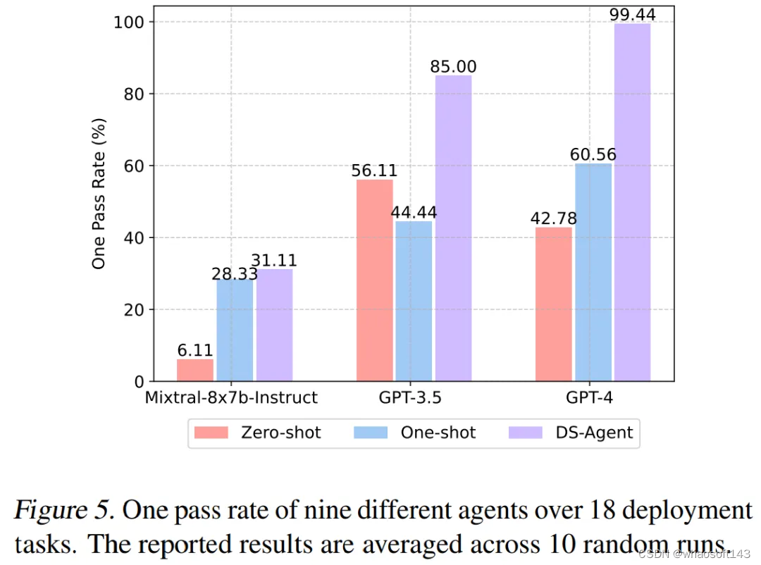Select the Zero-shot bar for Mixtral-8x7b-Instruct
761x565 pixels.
(194, 370)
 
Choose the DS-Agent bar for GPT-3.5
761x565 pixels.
(453, 228)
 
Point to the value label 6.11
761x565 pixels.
(194, 350)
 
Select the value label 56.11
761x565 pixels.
(374, 170)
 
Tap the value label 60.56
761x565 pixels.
(593, 154)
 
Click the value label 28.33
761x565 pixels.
(235, 274)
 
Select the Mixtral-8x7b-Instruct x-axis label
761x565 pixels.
(231, 398)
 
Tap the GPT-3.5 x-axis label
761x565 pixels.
(413, 398)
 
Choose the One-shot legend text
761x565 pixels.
(438, 433)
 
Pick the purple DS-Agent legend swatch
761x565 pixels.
(525, 432)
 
